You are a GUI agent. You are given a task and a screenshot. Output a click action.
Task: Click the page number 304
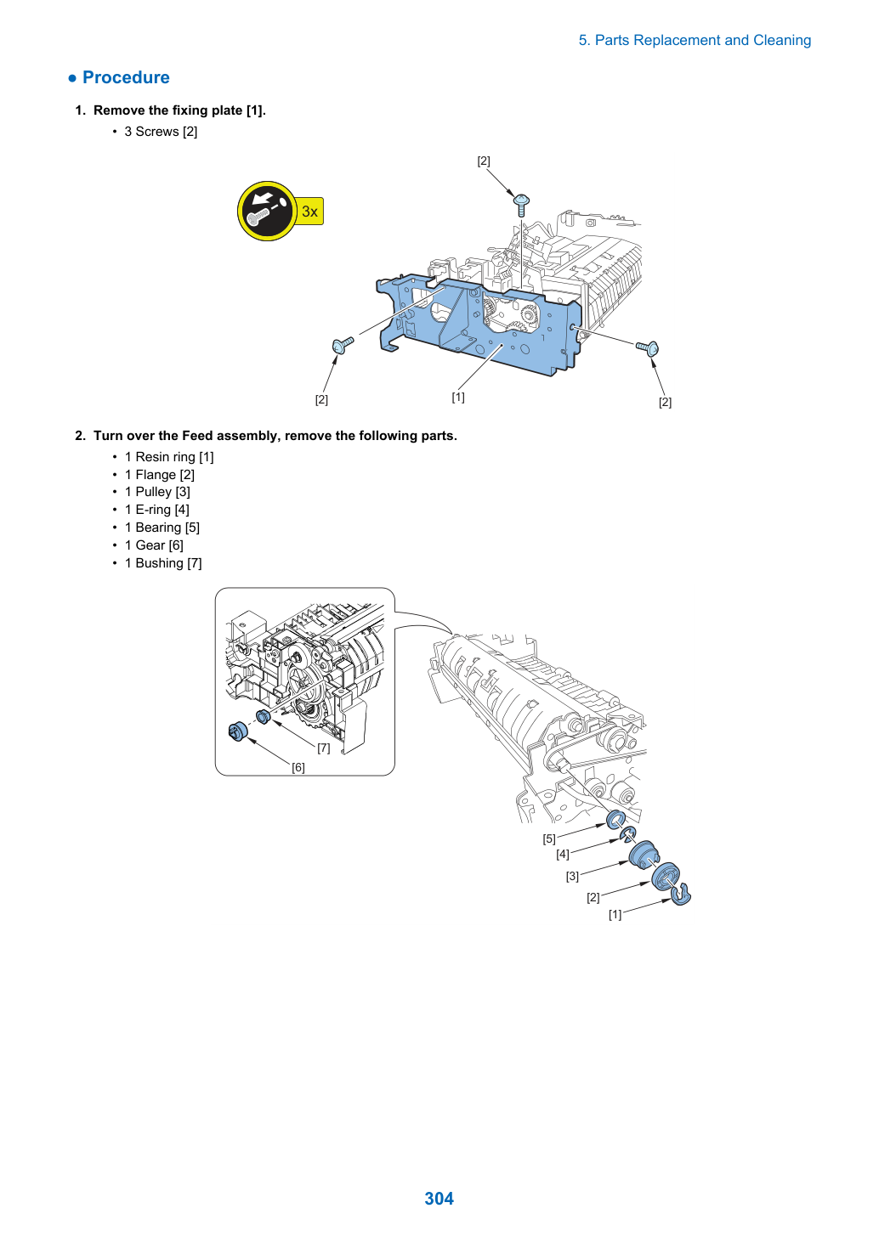tap(439, 1198)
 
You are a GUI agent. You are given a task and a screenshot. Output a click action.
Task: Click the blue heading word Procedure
tap(126, 77)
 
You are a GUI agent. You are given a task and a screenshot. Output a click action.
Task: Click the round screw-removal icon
tap(267, 211)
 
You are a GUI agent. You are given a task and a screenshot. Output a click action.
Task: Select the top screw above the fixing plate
tap(522, 205)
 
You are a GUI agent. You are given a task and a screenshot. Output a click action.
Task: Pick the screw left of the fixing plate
tap(343, 344)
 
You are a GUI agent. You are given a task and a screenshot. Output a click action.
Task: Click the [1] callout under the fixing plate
tap(458, 397)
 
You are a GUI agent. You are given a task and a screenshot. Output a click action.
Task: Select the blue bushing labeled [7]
tap(263, 716)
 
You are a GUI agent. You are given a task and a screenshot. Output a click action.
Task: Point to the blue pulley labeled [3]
tap(644, 855)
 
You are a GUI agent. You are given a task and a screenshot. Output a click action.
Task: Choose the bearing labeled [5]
tap(615, 820)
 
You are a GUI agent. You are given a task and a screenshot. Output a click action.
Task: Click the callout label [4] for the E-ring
tap(563, 854)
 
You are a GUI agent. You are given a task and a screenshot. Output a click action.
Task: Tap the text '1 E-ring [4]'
tap(157, 510)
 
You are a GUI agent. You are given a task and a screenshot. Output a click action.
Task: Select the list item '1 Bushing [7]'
tap(163, 562)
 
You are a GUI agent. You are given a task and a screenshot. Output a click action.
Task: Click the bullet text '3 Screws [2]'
tap(161, 132)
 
